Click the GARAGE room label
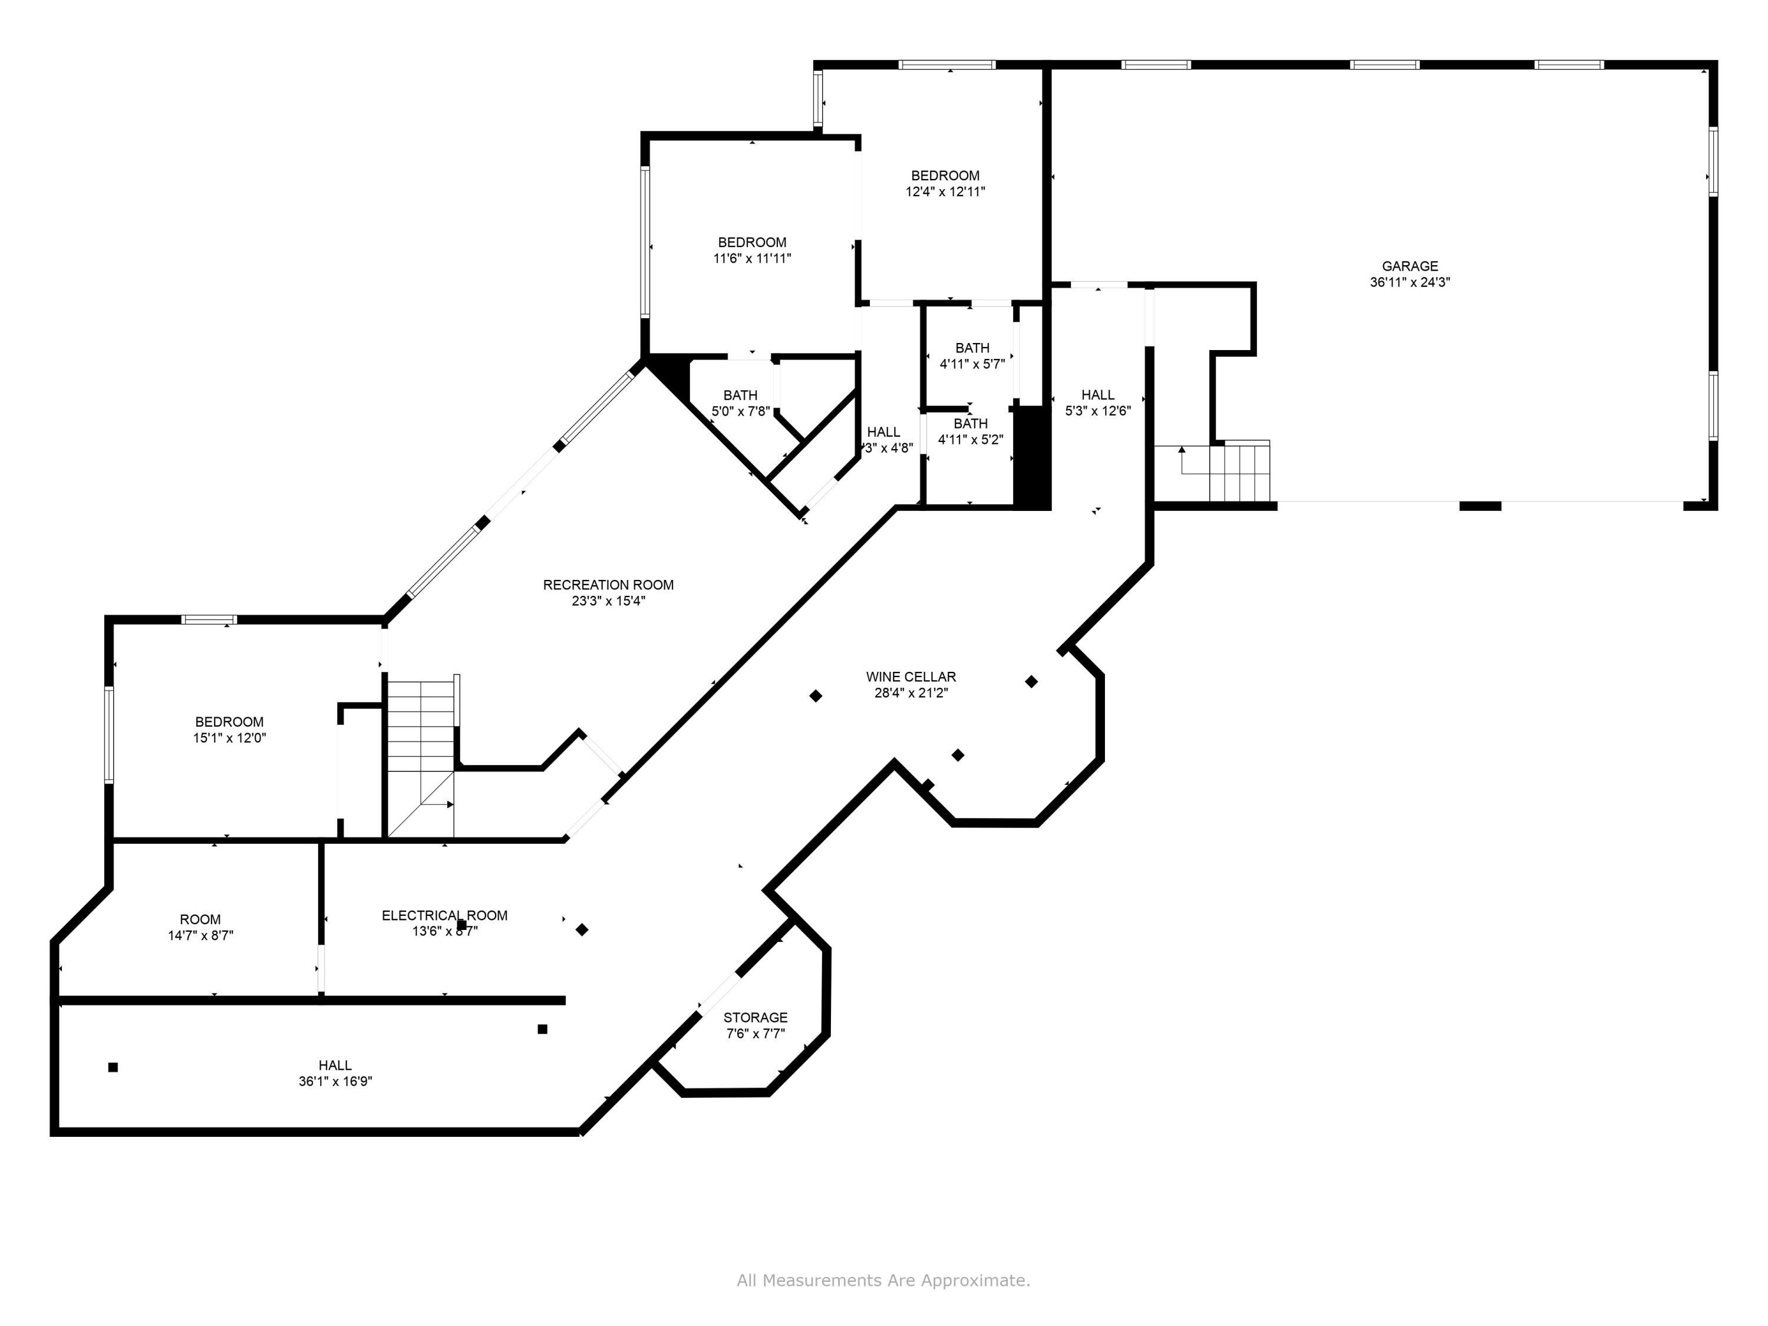(x=1410, y=266)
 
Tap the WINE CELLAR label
(x=911, y=677)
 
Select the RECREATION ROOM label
(x=608, y=585)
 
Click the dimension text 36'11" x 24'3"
(x=1410, y=282)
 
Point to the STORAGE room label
(x=756, y=1017)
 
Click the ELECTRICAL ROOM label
(x=444, y=915)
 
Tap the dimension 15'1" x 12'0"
(x=229, y=738)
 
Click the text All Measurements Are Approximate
(x=883, y=1281)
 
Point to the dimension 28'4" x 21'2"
(x=911, y=693)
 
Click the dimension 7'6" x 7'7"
(x=756, y=1034)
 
